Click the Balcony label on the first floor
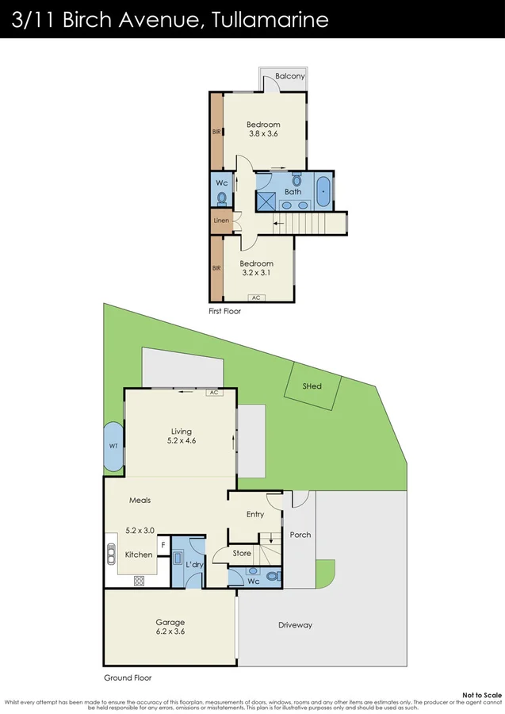pyautogui.click(x=289, y=76)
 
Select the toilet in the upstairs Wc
pyautogui.click(x=223, y=198)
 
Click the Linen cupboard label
pyautogui.click(x=221, y=220)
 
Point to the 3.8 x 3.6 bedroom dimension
pyautogui.click(x=262, y=135)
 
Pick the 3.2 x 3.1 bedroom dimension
pyautogui.click(x=257, y=274)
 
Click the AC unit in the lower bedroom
pyautogui.click(x=255, y=297)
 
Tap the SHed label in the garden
pyautogui.click(x=312, y=386)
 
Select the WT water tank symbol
pyautogui.click(x=113, y=446)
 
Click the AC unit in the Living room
pyautogui.click(x=212, y=392)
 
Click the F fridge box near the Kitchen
pyautogui.click(x=163, y=545)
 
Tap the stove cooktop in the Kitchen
pyautogui.click(x=139, y=580)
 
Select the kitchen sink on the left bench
pyautogui.click(x=111, y=555)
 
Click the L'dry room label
pyautogui.click(x=195, y=563)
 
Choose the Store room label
pyautogui.click(x=242, y=553)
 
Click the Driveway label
pyautogui.click(x=295, y=625)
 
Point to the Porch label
pyautogui.click(x=300, y=535)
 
